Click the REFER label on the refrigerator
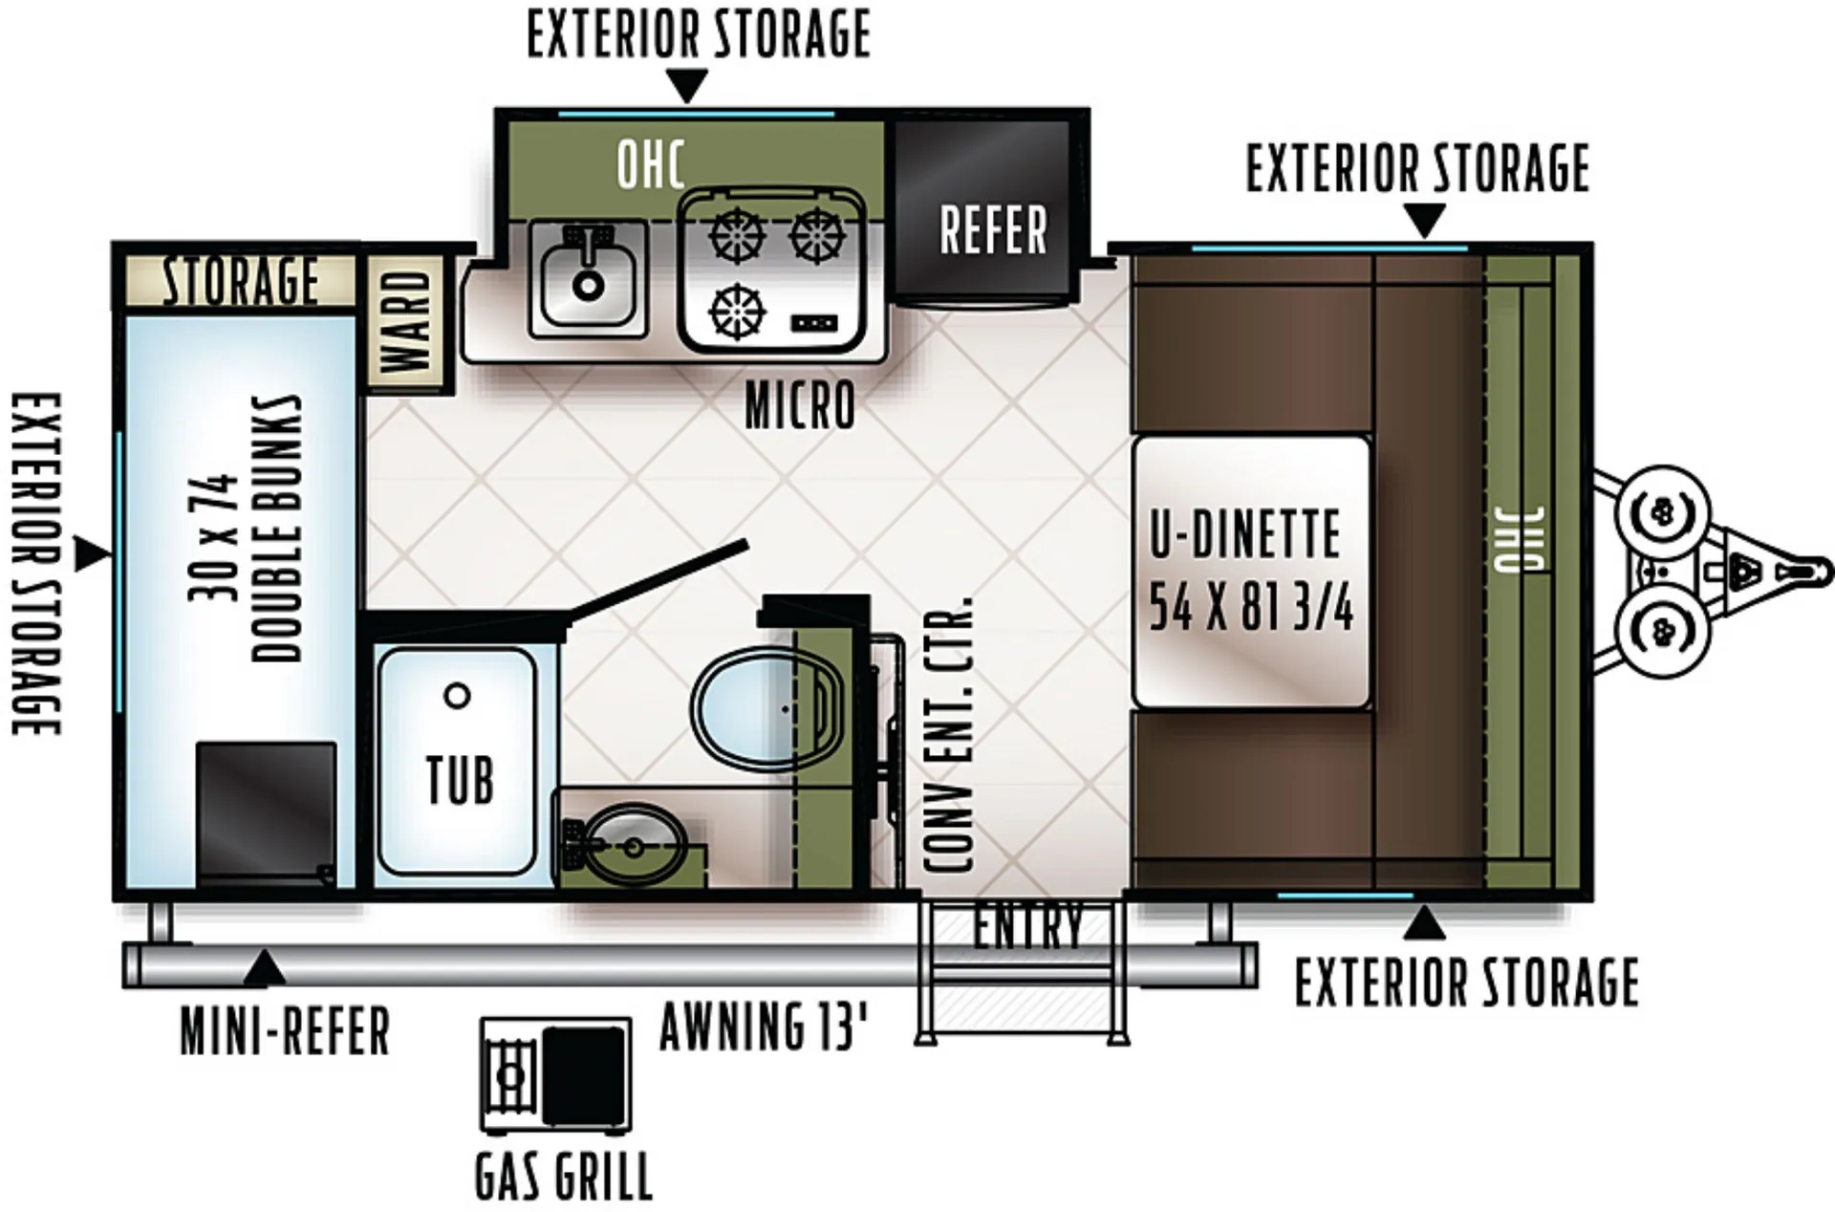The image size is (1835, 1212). tap(994, 230)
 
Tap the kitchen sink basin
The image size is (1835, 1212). tap(587, 277)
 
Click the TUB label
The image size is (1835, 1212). tap(460, 781)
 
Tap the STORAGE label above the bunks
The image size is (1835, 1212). tap(241, 281)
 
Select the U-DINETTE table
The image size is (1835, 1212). tap(1251, 572)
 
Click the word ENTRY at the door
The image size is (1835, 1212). tap(1028, 926)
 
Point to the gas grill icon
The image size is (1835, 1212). tap(555, 1074)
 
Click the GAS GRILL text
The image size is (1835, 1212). tap(564, 1177)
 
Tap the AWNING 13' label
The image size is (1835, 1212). tap(764, 1026)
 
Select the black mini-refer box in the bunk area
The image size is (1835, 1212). tap(267, 813)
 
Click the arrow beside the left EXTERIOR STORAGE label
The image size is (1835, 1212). tap(92, 554)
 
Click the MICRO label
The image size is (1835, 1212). tap(800, 405)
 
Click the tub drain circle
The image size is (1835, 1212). tap(458, 695)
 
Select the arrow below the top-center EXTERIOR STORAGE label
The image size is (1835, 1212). tap(687, 86)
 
